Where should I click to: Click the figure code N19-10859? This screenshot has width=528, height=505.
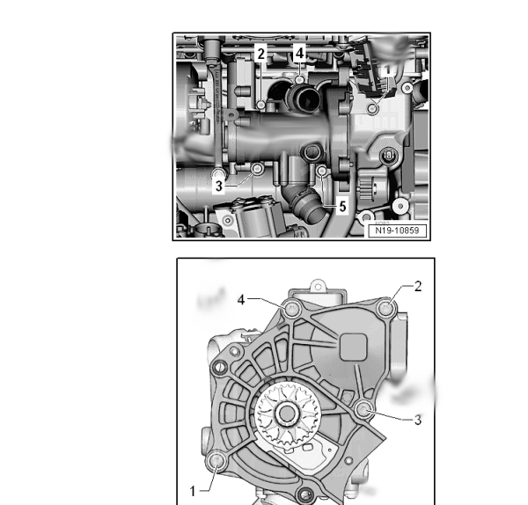(397, 231)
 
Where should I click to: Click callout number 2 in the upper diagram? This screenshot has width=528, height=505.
(261, 54)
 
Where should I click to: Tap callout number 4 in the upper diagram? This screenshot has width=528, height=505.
(300, 53)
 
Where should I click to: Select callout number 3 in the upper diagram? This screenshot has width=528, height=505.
(219, 186)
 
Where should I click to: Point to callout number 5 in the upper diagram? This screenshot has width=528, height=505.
(342, 207)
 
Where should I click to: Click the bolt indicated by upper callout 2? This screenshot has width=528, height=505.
(261, 105)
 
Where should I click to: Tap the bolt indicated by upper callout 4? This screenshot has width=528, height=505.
(299, 80)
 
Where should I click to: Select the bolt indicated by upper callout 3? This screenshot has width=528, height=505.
(258, 168)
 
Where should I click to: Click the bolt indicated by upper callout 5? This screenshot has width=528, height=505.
(322, 172)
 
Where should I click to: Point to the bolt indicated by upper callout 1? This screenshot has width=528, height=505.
(372, 108)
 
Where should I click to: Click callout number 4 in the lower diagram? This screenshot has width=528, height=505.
(241, 299)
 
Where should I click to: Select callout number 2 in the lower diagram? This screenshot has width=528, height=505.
(418, 287)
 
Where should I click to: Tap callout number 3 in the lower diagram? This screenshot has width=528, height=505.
(417, 420)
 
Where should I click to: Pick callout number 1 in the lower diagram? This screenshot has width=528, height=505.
(193, 491)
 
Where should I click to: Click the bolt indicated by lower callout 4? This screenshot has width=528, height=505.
(291, 309)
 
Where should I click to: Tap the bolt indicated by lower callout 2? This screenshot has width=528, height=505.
(386, 308)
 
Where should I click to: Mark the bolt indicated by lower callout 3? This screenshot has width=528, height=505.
(363, 409)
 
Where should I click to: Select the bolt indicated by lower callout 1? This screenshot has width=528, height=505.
(216, 461)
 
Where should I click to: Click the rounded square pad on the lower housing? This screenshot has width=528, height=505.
(353, 347)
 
